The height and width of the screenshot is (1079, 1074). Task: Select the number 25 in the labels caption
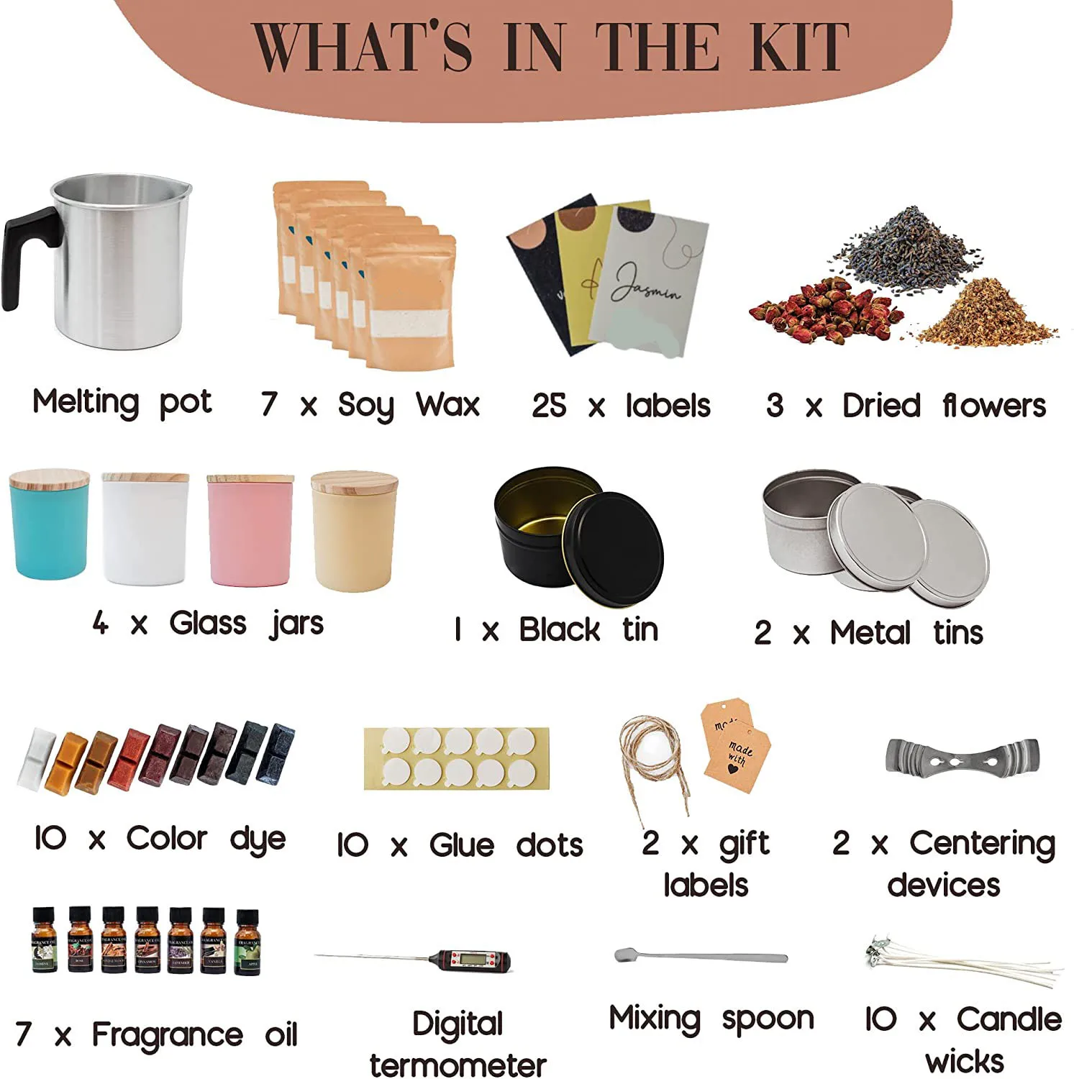(548, 406)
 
